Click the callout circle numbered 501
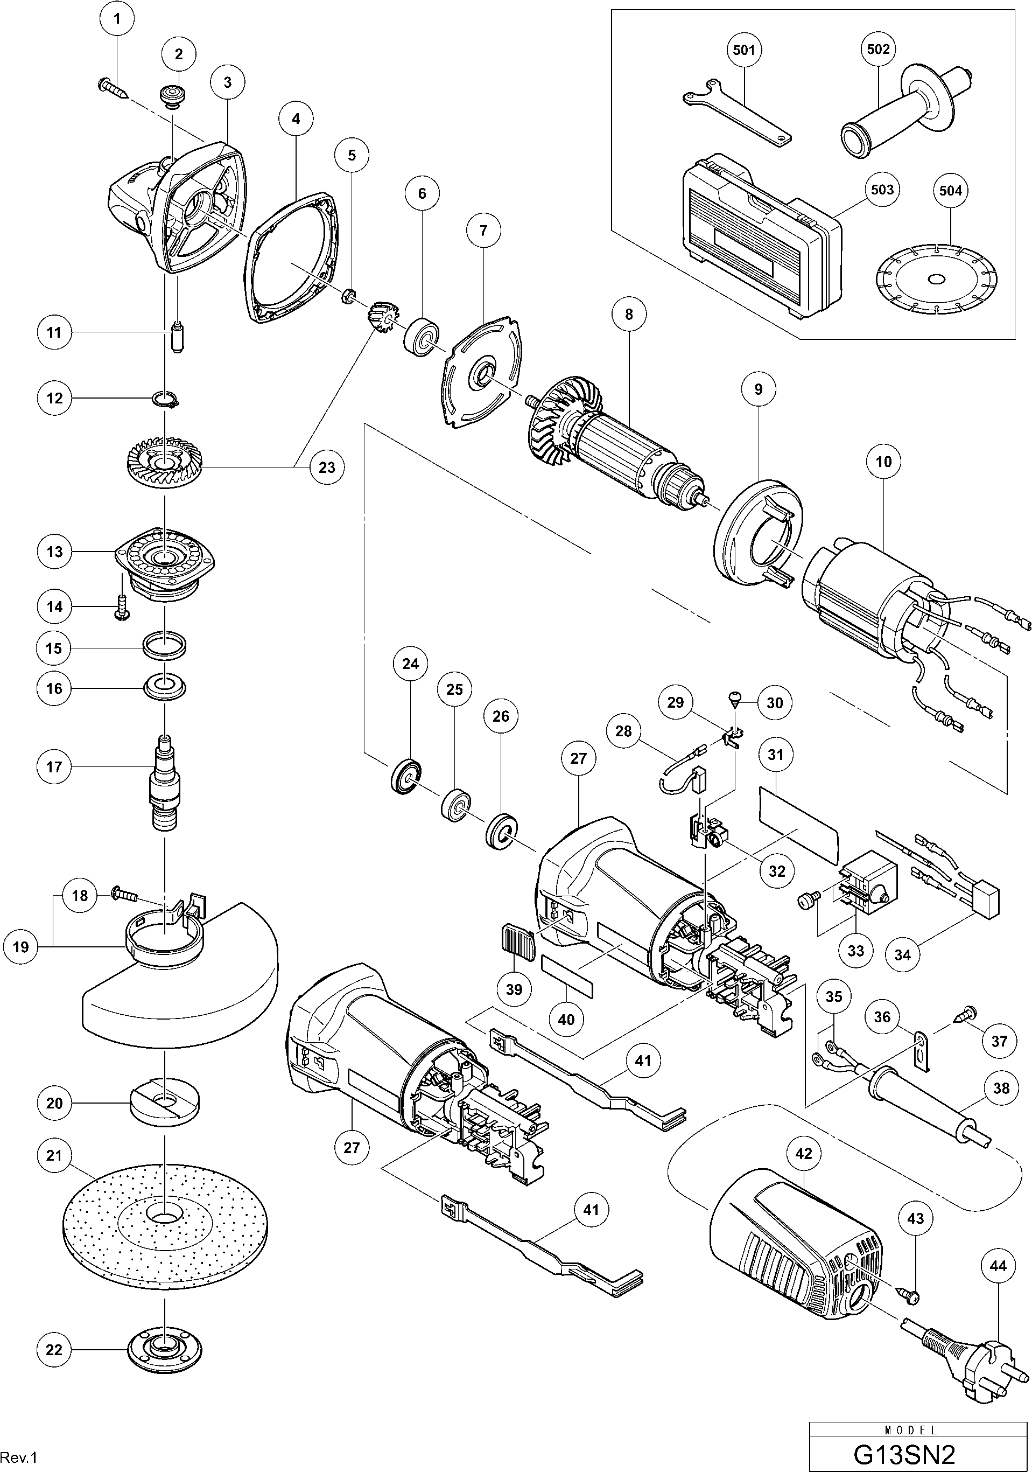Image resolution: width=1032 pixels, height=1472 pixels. tap(743, 50)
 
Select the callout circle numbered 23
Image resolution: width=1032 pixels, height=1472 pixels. tap(327, 468)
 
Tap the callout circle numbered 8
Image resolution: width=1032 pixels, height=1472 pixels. tap(628, 314)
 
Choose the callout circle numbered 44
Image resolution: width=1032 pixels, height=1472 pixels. tap(998, 1266)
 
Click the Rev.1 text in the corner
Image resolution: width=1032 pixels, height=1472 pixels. tap(20, 1458)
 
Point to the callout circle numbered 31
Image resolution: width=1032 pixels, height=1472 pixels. tap(776, 755)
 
